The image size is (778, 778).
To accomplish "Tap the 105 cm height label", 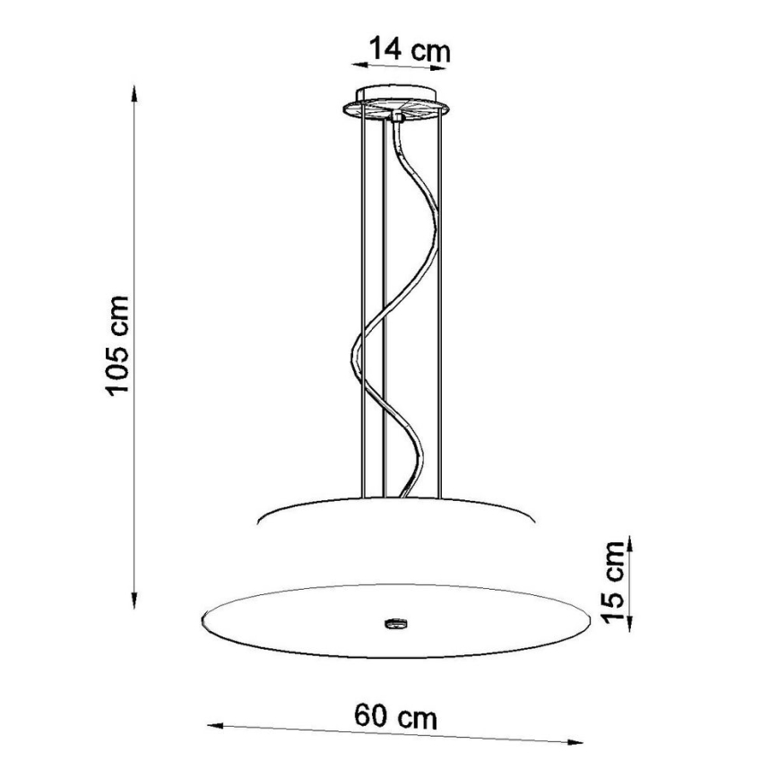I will (x=118, y=344).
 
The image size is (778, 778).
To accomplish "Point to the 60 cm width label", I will (x=395, y=716).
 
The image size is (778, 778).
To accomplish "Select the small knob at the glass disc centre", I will (x=394, y=620).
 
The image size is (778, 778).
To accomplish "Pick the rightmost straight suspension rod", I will (x=440, y=305).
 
